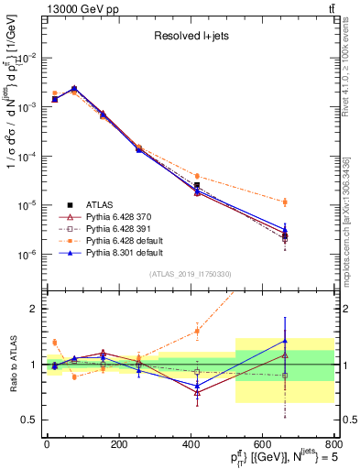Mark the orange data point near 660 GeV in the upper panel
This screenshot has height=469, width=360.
click(285, 202)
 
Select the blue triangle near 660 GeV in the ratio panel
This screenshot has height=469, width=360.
click(285, 341)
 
